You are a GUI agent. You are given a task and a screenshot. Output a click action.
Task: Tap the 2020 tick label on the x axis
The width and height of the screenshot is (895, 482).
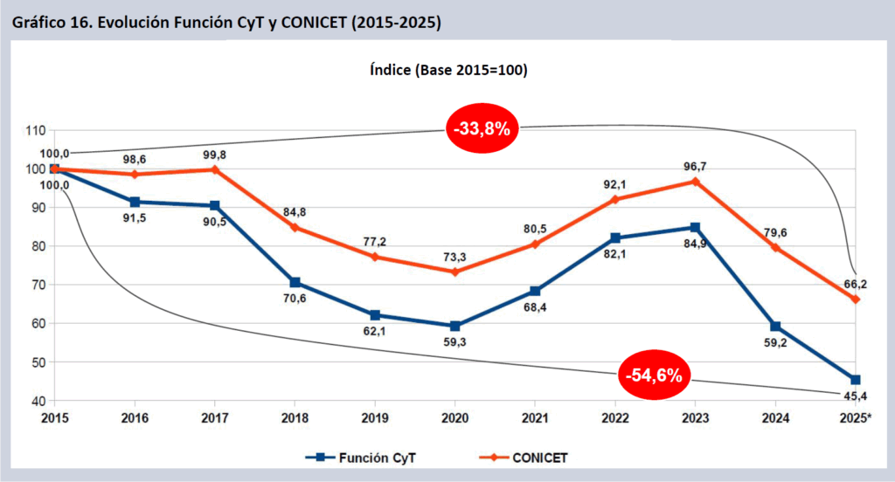[454, 418]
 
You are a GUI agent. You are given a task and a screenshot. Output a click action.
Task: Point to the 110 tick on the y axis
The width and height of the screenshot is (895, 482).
[34, 131]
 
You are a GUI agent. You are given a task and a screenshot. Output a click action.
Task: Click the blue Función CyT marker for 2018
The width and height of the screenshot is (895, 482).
[295, 283]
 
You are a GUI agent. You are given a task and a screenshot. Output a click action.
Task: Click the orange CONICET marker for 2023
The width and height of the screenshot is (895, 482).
[695, 182]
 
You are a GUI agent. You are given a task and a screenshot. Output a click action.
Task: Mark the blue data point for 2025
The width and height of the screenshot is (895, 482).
[855, 380]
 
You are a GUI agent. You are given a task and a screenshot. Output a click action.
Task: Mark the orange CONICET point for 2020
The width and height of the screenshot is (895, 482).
[454, 272]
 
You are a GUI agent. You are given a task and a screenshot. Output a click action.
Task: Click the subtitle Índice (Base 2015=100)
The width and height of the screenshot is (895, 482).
[447, 70]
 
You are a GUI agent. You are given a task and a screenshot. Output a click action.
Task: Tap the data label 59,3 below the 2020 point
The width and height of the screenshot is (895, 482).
[454, 344]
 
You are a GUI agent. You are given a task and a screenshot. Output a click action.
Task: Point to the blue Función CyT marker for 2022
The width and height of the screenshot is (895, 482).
[614, 238]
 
